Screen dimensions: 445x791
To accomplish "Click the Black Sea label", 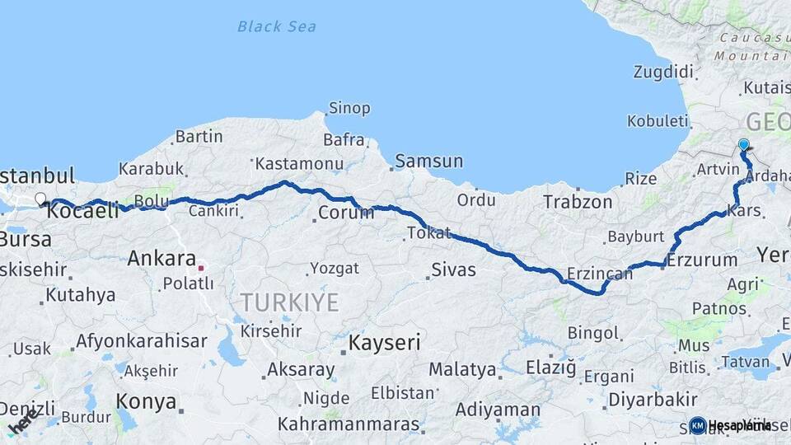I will coord(276,26).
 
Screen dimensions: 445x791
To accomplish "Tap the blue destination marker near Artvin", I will coord(744,146).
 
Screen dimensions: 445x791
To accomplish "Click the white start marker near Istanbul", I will coord(40,199).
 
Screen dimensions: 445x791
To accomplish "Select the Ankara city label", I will coord(161,258).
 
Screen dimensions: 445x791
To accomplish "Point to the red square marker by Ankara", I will coord(200,267).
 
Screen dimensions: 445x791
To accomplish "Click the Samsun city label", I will coord(428,161).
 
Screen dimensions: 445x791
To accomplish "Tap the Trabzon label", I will coord(578,201).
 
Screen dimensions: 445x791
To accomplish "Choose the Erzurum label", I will coord(702,260).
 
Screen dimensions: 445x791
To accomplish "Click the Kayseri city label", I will coord(385,342).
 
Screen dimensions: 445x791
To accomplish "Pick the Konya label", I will coord(146,401).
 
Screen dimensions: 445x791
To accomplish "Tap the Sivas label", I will coord(453,269).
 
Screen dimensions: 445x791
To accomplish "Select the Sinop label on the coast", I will coord(349,108).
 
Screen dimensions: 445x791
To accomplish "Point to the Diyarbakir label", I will coord(652,400).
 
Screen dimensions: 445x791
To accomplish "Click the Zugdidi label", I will coord(663,72).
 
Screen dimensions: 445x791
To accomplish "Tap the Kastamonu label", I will coord(298,164).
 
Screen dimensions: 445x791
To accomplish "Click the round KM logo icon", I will coord(698,425).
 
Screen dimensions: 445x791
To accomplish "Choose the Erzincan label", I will coord(600,274).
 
